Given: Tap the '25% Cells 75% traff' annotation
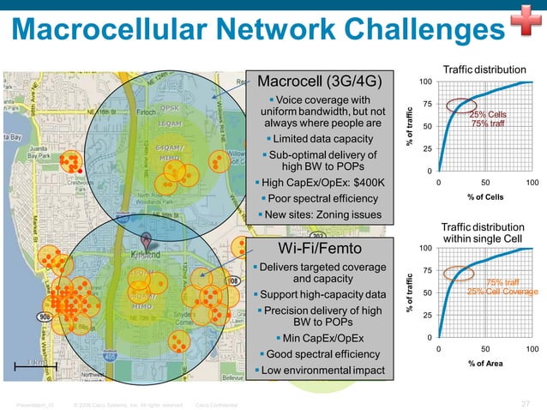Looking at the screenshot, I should pos(488,119).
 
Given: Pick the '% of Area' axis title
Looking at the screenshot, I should pos(484,364).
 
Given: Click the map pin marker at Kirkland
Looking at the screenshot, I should pos(147,242).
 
